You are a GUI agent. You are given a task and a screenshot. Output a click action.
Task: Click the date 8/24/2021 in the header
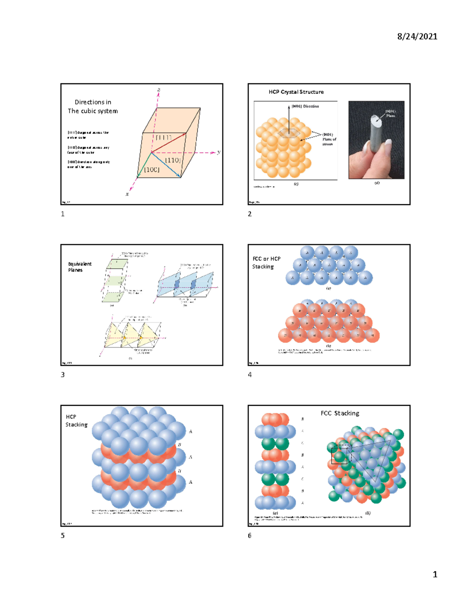[417, 37]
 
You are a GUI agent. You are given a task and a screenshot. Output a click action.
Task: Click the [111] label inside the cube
[163, 137]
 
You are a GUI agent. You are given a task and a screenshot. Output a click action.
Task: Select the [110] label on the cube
[172, 160]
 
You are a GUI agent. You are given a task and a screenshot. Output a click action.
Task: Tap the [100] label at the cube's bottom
[152, 170]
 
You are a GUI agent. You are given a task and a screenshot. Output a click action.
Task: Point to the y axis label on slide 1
[219, 152]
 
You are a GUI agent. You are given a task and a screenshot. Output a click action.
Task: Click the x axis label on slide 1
[127, 194]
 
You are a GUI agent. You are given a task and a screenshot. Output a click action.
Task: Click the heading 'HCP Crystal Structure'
[296, 92]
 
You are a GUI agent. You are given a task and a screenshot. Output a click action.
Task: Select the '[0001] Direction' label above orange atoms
[305, 106]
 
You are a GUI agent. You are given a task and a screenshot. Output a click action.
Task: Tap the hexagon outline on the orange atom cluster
[289, 134]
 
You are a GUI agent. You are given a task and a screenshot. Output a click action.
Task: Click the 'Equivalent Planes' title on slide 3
[79, 267]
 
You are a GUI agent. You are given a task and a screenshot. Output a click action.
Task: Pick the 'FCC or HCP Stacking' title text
[266, 262]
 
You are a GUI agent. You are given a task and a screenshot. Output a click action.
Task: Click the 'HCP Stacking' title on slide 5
[76, 421]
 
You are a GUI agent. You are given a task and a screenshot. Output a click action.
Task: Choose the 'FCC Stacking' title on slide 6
[340, 413]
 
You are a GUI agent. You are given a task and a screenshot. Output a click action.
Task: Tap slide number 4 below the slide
[250, 375]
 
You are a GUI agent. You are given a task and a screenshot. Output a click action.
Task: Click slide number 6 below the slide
[250, 535]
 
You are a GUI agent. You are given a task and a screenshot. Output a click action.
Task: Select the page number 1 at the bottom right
[434, 574]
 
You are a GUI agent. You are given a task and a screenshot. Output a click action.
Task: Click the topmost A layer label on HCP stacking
[190, 431]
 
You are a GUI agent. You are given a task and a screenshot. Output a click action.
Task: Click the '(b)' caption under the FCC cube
[368, 513]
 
